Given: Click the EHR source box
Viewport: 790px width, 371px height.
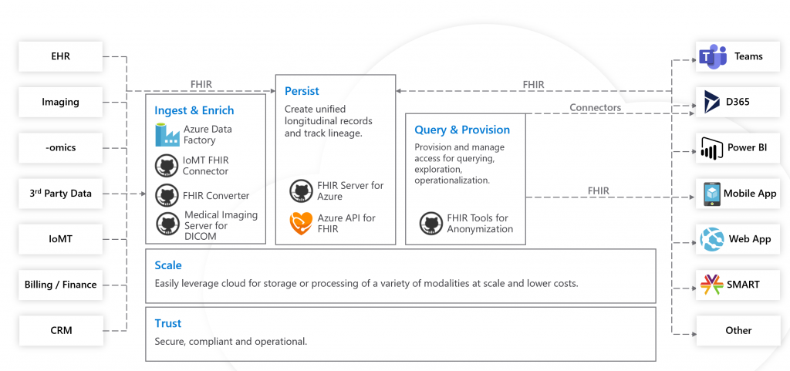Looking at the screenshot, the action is (x=60, y=56).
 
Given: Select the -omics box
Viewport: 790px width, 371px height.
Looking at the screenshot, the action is (x=60, y=148).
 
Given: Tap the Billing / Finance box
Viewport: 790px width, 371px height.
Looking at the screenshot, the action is (x=60, y=285).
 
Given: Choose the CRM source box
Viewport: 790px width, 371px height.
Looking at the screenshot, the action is (x=60, y=330).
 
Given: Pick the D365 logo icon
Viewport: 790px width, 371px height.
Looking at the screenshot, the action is (x=712, y=102).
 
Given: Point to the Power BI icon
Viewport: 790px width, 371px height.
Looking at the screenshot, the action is (x=712, y=148).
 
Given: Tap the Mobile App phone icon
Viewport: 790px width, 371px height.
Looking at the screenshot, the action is (x=712, y=194).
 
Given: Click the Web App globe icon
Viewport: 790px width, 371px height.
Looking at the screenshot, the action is (x=712, y=239).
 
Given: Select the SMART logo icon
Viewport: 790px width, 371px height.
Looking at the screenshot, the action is (x=712, y=285).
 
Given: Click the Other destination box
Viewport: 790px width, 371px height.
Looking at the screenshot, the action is (x=738, y=330).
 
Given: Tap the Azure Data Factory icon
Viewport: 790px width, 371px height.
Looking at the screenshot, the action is (x=167, y=134).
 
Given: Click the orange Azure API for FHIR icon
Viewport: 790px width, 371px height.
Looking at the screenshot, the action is (x=301, y=224).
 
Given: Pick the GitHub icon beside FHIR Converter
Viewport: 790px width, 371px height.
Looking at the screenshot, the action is (x=166, y=195).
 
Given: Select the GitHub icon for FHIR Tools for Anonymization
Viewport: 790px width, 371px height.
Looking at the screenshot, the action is (x=430, y=224).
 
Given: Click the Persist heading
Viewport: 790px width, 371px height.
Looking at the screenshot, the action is (x=302, y=91).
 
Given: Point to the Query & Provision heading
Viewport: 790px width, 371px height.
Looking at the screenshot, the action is (x=462, y=130).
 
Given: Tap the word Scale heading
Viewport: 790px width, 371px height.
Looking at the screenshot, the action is (x=168, y=265).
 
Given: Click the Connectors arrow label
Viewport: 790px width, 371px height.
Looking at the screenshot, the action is (x=595, y=107).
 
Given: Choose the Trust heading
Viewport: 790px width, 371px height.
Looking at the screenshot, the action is (x=167, y=323).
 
